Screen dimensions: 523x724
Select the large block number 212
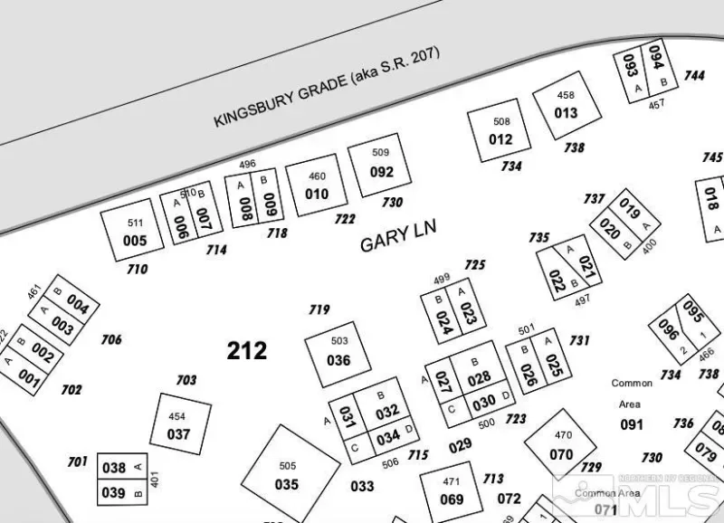tap(247, 350)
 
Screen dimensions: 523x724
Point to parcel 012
tap(500, 138)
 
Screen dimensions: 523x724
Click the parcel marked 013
tap(566, 113)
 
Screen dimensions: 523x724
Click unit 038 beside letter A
tap(114, 468)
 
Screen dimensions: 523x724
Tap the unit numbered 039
tap(114, 492)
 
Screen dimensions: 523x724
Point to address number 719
tap(319, 310)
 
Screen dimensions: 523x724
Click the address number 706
tap(111, 340)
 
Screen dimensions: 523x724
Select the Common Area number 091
tap(632, 425)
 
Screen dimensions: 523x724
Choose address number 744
tap(694, 76)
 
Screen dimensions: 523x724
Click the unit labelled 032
tap(387, 412)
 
